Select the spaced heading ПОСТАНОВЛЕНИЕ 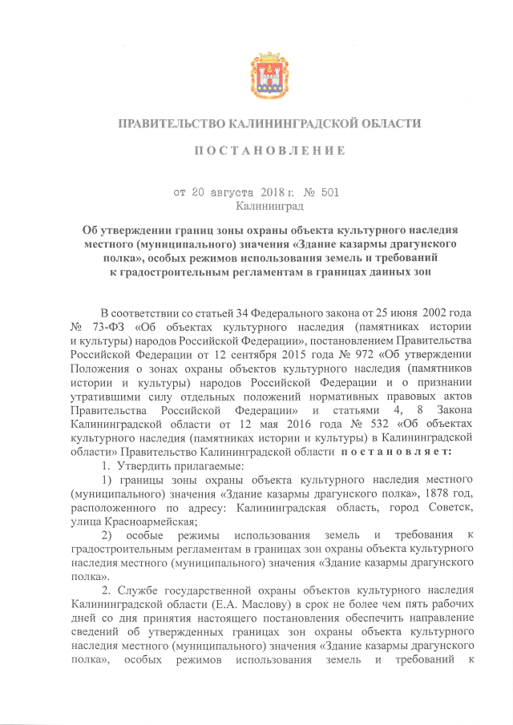click(256, 151)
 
